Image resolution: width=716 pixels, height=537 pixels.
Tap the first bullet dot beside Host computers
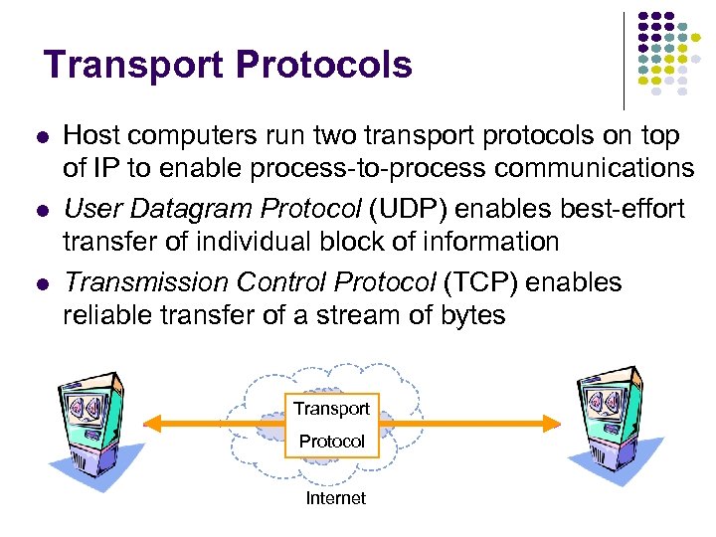tap(40, 136)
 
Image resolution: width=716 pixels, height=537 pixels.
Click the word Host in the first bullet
tap(88, 135)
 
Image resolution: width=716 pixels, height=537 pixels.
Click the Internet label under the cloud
tap(335, 498)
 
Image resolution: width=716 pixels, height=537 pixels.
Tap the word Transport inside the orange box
tap(331, 409)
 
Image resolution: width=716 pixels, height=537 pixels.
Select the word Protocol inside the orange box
tap(332, 441)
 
